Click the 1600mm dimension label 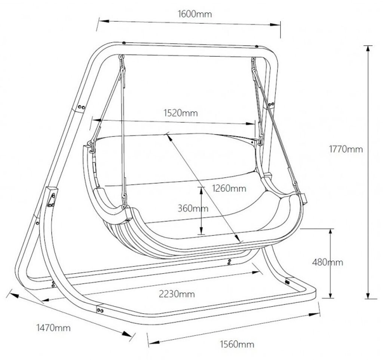tap(194, 14)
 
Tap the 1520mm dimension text tap(181, 113)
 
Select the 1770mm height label tap(346, 149)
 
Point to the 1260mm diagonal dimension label tap(229, 188)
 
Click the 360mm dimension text tap(193, 208)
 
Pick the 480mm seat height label tap(327, 262)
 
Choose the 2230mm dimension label tap(177, 294)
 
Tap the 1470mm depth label tap(53, 328)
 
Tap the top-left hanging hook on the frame tap(122, 58)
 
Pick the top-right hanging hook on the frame tap(254, 60)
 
